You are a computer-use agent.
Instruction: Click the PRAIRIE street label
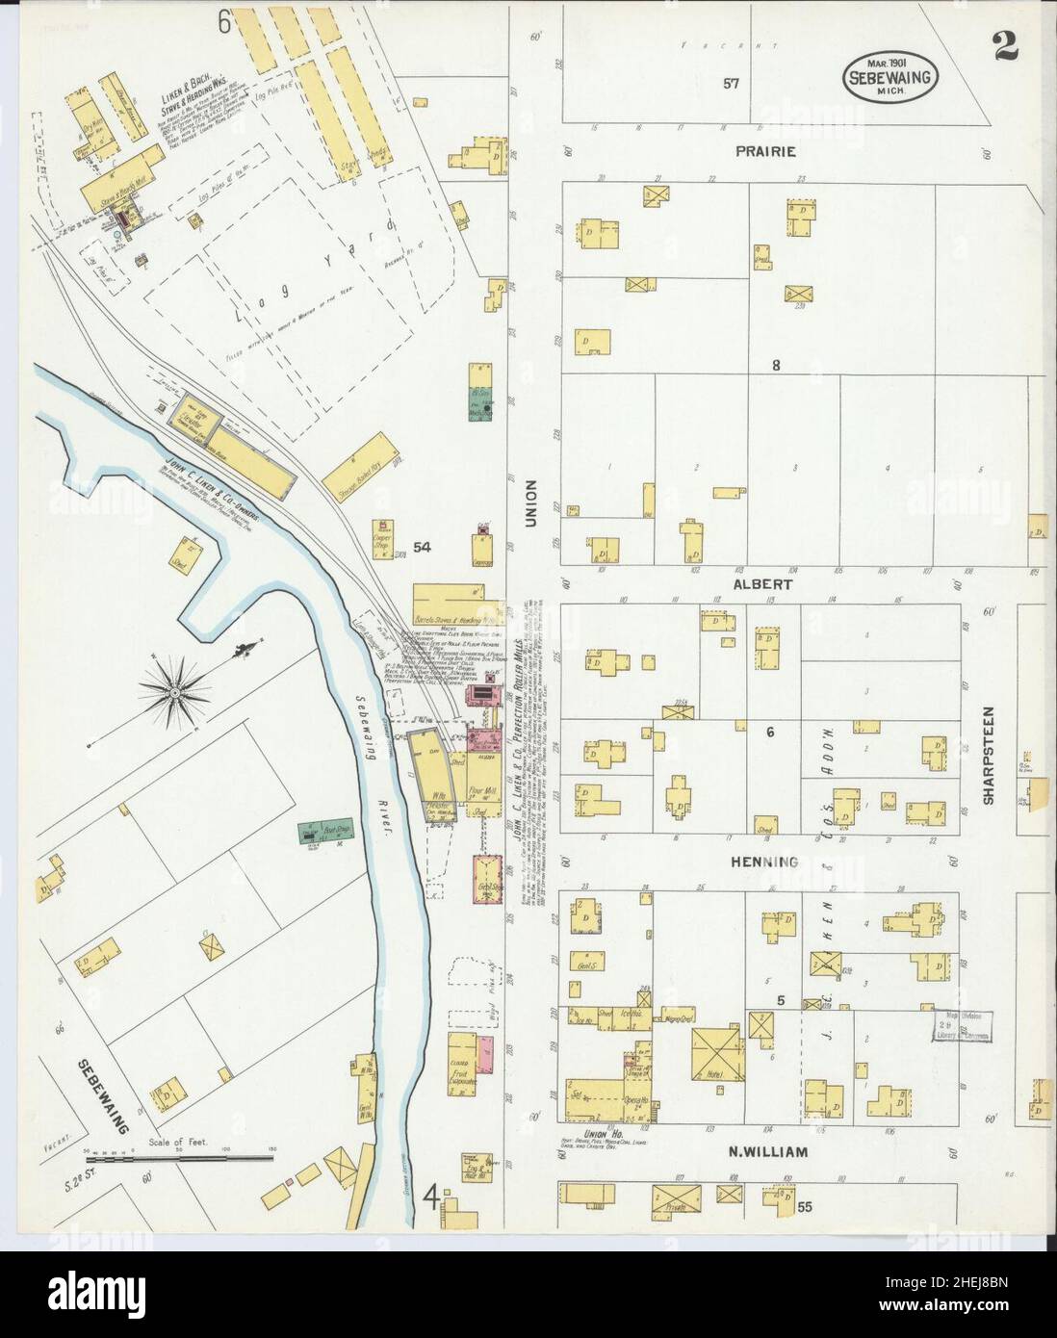pos(767,151)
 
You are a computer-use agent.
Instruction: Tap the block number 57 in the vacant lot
pos(732,84)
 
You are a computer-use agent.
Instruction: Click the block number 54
pos(422,547)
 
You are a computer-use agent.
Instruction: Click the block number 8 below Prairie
pos(775,365)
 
